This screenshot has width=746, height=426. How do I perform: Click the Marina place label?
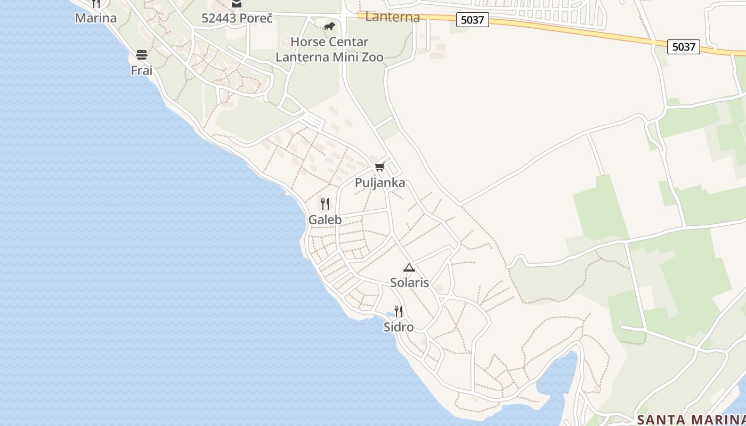(x=95, y=18)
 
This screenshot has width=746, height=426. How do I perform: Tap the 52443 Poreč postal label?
(x=237, y=18)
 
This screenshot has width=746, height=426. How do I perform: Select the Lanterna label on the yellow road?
(x=393, y=17)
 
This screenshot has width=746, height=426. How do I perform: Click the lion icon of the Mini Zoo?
(x=329, y=26)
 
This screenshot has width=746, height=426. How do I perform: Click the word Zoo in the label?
(x=371, y=57)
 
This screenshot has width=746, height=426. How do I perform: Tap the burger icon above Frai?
(x=141, y=54)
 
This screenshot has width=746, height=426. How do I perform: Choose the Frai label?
(x=141, y=70)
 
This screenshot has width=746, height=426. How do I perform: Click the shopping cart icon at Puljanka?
(x=380, y=167)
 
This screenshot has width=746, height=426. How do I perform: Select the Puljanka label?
(x=380, y=183)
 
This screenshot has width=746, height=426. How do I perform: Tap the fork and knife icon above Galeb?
(x=325, y=203)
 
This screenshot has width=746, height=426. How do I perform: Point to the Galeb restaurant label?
(x=325, y=219)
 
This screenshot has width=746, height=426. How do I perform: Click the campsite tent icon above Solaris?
(x=409, y=267)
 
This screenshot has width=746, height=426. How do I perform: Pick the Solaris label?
(x=409, y=283)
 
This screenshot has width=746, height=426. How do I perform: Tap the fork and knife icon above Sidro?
(x=399, y=311)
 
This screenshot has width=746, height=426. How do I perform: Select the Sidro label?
(x=399, y=327)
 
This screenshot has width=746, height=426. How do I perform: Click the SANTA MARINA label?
(x=691, y=419)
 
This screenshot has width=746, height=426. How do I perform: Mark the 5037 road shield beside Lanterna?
(x=472, y=20)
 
